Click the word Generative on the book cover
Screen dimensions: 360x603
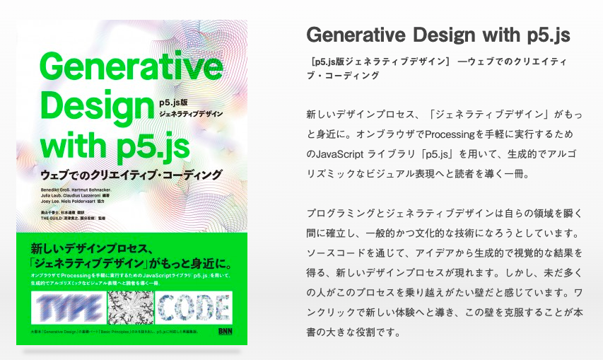131,69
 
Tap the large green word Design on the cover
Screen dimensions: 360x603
95,108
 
